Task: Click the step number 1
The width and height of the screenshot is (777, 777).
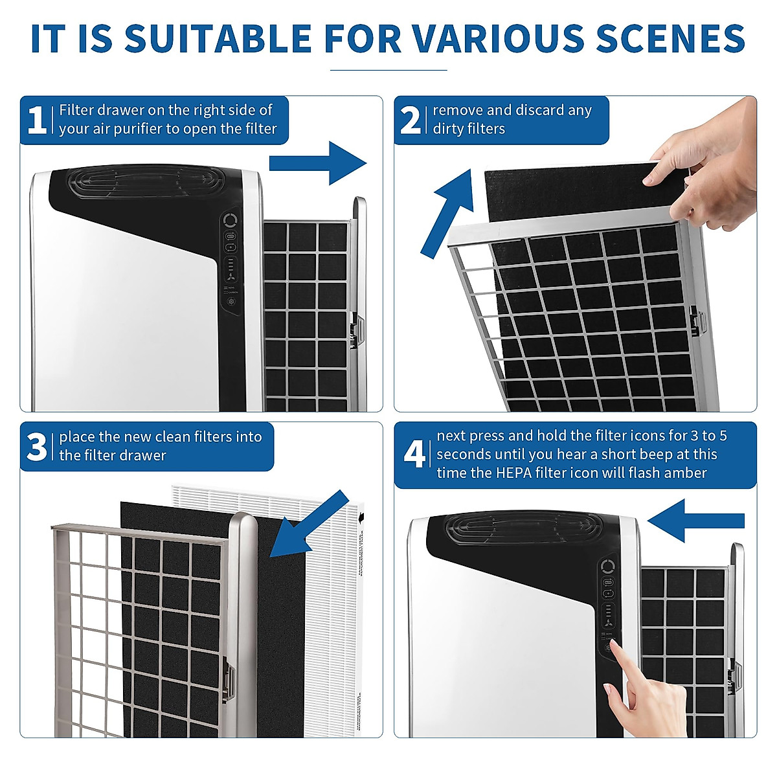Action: click(36, 120)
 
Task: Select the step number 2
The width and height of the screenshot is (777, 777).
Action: click(411, 120)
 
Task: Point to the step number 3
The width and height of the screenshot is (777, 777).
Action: click(36, 447)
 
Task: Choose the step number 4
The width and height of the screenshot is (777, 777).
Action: click(413, 455)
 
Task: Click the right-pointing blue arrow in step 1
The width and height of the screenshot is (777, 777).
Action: click(317, 163)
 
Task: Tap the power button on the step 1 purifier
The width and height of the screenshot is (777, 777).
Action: click(231, 221)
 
